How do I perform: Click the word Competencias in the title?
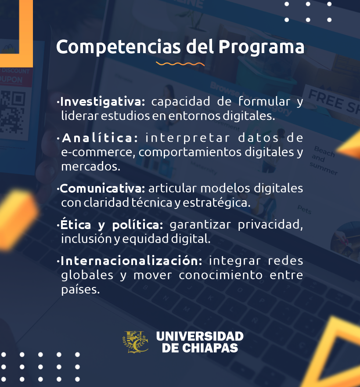(x=119, y=47)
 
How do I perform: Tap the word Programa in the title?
(x=262, y=47)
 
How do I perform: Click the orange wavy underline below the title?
(x=180, y=64)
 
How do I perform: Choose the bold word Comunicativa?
(x=103, y=189)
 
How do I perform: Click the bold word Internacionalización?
(x=131, y=261)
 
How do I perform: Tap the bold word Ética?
(x=76, y=224)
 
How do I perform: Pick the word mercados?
(x=91, y=167)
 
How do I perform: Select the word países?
(x=80, y=290)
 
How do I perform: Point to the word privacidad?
(x=270, y=225)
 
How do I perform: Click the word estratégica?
(x=216, y=203)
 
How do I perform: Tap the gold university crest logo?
(x=136, y=342)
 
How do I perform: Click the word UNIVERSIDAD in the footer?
(x=200, y=336)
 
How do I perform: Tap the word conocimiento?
(x=220, y=275)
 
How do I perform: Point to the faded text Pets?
(x=304, y=210)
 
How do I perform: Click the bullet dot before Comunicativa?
(x=58, y=189)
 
